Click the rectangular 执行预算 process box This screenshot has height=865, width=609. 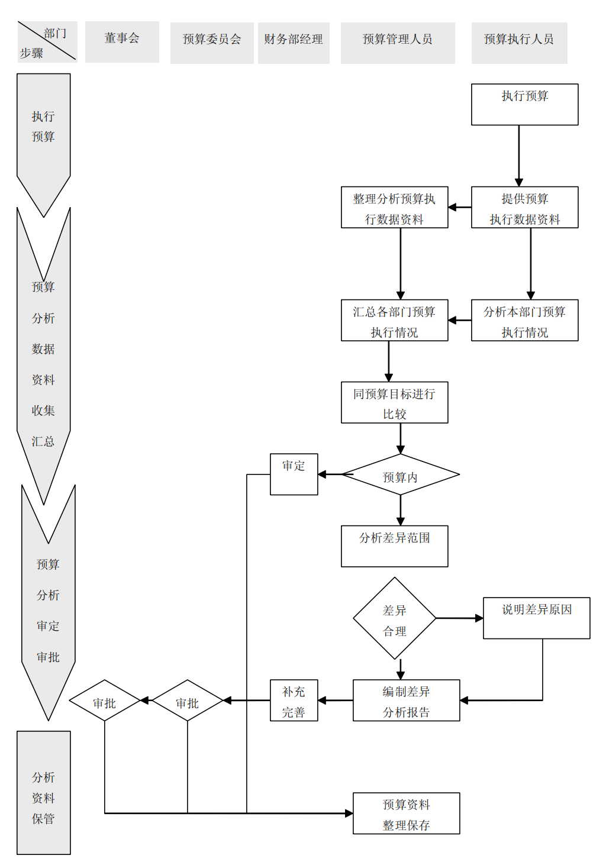coord(524,104)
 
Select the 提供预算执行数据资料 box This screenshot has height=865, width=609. coord(524,208)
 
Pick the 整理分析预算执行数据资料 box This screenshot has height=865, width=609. coord(394,208)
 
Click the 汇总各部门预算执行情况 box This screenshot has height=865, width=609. coord(394,320)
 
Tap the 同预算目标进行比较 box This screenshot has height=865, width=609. coord(394,402)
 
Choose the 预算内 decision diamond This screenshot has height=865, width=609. coord(401,475)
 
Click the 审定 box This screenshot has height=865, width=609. coord(294,474)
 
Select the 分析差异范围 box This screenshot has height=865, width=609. coord(394,546)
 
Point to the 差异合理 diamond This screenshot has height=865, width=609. coord(394,618)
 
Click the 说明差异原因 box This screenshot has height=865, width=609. coord(536,618)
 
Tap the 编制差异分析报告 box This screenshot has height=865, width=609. coord(406,700)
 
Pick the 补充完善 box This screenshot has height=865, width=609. coord(294,700)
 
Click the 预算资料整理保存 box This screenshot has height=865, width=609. coord(406,814)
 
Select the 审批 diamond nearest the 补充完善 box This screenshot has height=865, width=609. coord(188,701)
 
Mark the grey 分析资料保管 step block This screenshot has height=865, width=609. coord(44,793)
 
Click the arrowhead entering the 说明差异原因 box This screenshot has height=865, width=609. coord(479,618)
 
